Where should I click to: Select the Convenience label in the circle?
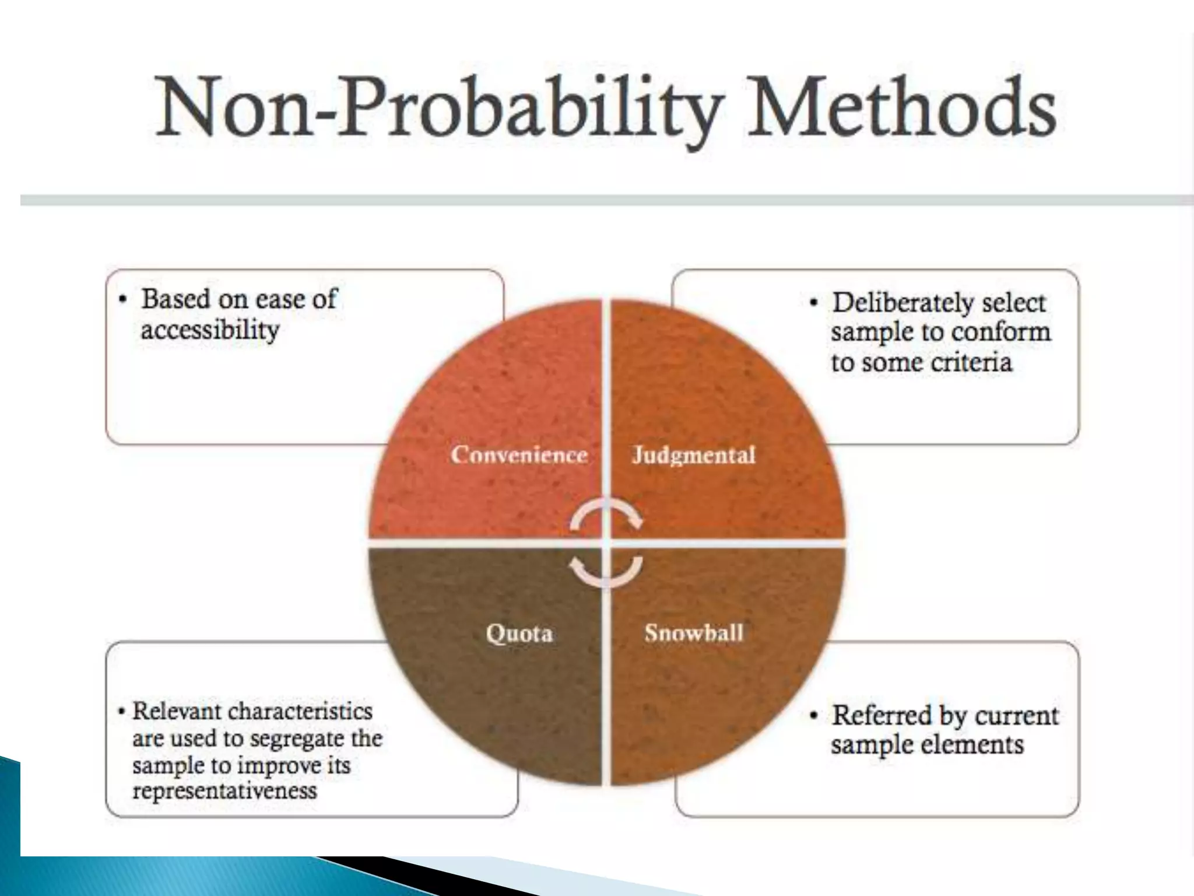coord(519,455)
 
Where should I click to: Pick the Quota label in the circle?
coord(519,633)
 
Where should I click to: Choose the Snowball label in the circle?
coord(694,633)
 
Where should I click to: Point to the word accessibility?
coord(210,331)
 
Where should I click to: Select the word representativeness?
coord(224,791)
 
